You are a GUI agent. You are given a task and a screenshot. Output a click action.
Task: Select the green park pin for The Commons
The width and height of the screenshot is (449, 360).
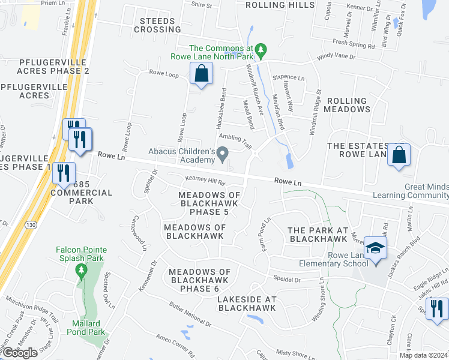pyautogui.click(x=260, y=49)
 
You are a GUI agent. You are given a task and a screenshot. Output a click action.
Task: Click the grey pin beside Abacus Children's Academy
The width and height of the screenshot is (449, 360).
pyautogui.click(x=223, y=155)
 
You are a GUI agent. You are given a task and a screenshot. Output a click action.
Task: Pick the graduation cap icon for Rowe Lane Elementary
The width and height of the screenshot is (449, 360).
pyautogui.click(x=376, y=248)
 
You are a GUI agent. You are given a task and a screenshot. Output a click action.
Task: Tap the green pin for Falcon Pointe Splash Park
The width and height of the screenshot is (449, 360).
pyautogui.click(x=81, y=271)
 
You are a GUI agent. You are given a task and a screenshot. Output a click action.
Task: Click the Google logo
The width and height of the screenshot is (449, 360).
pyautogui.click(x=19, y=353)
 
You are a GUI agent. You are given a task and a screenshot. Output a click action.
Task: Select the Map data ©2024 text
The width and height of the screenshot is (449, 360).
pyautogui.click(x=423, y=355)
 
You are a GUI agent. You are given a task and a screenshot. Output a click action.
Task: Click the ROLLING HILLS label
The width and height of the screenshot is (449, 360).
pyautogui.click(x=280, y=5)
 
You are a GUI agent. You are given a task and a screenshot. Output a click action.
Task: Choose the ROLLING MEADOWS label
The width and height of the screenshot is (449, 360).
pyautogui.click(x=345, y=105)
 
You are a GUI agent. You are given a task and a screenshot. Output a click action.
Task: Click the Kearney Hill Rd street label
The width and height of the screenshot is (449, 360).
pyautogui.click(x=205, y=181)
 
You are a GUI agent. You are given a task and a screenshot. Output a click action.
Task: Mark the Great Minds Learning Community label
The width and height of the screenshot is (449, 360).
pyautogui.click(x=411, y=191)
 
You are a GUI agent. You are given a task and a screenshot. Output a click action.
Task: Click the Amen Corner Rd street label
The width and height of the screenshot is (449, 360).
pyautogui.click(x=178, y=347)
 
